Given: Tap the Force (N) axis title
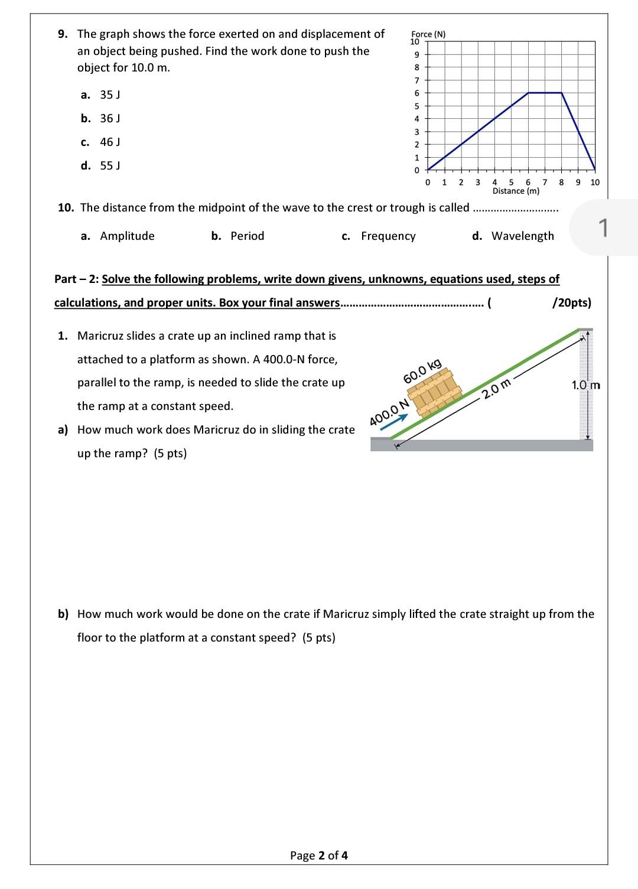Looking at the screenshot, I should pos(428,34).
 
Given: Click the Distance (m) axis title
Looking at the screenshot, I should pos(516,191).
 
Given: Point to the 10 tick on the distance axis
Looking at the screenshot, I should pos(594,182).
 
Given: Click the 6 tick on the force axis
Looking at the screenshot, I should pos(416,93).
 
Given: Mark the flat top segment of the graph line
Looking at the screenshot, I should pos(545,93).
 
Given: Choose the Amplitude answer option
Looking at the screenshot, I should pos(127,236).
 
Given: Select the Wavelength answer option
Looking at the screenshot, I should pos(522,236).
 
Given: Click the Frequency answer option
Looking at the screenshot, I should pos(388,236).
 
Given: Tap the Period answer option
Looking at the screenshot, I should pos(247,236).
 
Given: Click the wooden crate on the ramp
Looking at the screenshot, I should pos(437,393).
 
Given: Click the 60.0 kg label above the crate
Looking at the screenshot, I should pos(422,371).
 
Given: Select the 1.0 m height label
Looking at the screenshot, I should pos(585,385).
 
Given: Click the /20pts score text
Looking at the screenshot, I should pos(571,302).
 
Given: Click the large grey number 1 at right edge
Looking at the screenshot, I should pos(603,227).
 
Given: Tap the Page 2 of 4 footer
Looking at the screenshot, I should pos(318,855).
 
